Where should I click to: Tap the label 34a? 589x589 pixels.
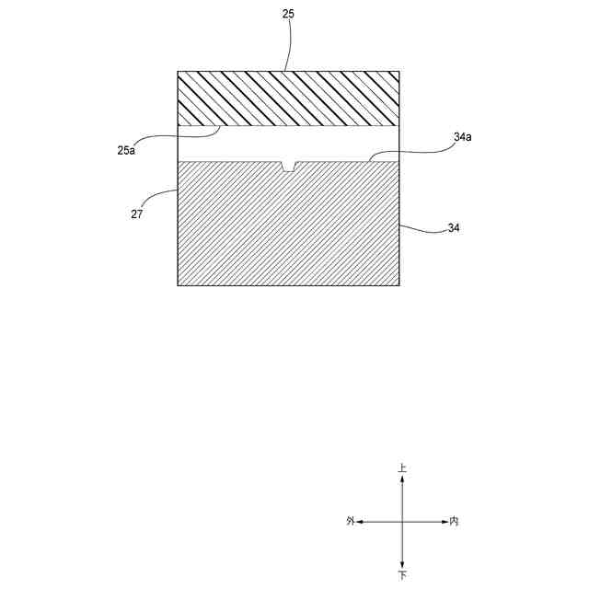[x=463, y=136]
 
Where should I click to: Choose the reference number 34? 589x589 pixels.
[x=453, y=228]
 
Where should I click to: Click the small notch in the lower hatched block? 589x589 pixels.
[x=289, y=166]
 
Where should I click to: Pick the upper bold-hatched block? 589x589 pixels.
[x=288, y=98]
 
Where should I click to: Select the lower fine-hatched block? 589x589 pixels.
[x=288, y=225]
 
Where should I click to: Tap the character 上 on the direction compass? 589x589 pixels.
[x=402, y=468]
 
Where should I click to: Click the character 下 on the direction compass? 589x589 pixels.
[x=402, y=575]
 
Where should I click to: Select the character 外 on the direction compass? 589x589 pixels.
[x=351, y=521]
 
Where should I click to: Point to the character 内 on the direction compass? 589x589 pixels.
[x=454, y=521]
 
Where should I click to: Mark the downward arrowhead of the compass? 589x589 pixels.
[x=402, y=564]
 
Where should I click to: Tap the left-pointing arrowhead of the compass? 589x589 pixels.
[x=361, y=521]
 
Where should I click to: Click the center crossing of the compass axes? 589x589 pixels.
[x=402, y=521]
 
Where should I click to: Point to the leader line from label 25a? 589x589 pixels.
[x=179, y=134]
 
